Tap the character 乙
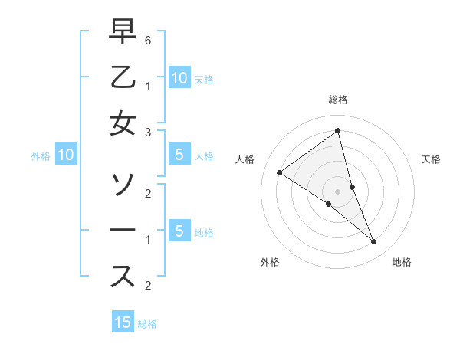coord(123,79)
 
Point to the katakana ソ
coord(123,184)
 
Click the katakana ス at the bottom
coord(123,277)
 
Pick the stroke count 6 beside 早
coord(148,39)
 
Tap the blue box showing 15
coord(123,322)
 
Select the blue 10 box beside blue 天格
coord(179,77)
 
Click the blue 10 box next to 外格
coord(65,155)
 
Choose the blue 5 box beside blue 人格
coord(179,155)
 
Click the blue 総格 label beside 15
coord(147,324)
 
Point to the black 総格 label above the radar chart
coord(337,100)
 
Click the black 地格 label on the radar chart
coord(402,262)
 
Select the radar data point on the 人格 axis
coord(279,172)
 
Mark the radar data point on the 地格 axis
coord(374,242)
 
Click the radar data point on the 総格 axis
coord(337,131)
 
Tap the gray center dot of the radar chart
coord(337,191)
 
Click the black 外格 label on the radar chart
coord(269,262)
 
